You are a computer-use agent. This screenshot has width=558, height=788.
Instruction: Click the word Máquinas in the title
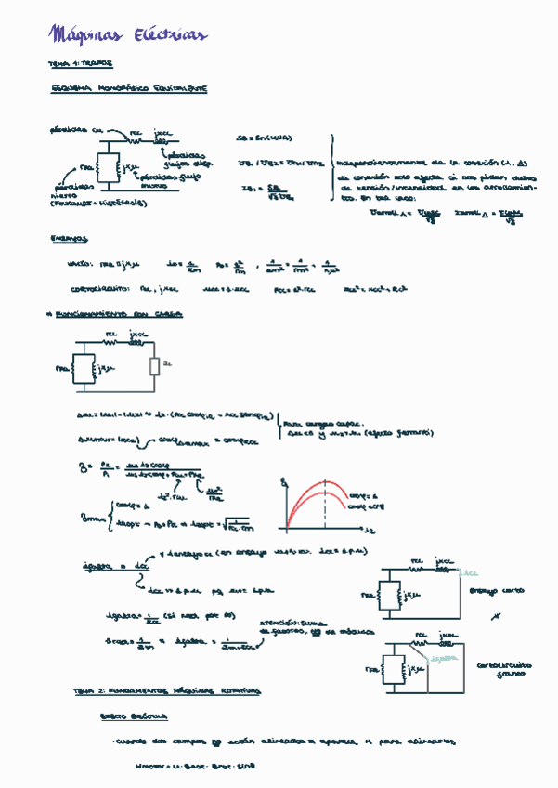(89, 35)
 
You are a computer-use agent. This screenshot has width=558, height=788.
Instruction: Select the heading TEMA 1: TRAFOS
(80, 64)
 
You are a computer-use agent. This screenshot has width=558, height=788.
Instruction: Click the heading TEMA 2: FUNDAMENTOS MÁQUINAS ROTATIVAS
(167, 692)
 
